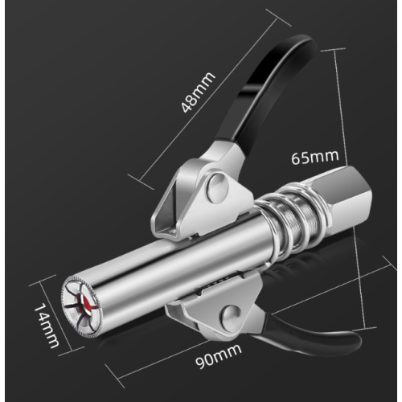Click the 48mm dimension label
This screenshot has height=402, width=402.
198,92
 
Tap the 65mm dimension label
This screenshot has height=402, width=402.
315,157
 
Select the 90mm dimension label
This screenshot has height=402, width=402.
219,357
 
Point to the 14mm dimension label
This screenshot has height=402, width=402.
46,325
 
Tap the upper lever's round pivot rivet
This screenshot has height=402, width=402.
218,187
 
